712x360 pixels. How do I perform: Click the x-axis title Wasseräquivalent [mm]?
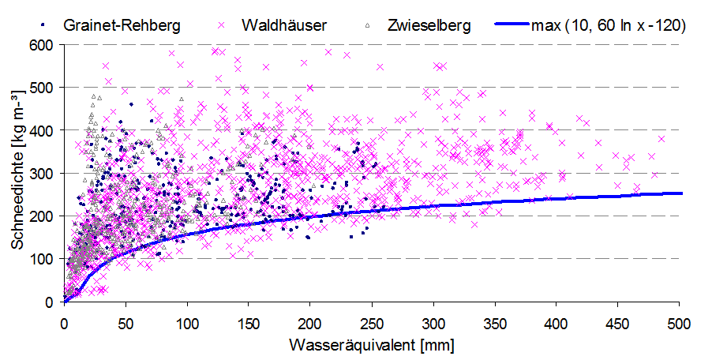tap(372, 345)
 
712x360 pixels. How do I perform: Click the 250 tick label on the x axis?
tap(372, 324)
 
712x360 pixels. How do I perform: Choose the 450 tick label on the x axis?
tap(618, 324)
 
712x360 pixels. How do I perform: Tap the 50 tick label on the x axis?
tap(126, 324)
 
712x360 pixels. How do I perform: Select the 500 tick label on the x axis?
tap(680, 324)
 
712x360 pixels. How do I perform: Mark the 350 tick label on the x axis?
tap(495, 324)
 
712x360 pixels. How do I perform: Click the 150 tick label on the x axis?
tap(249, 324)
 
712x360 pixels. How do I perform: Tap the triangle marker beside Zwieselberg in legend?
tap(369, 25)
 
